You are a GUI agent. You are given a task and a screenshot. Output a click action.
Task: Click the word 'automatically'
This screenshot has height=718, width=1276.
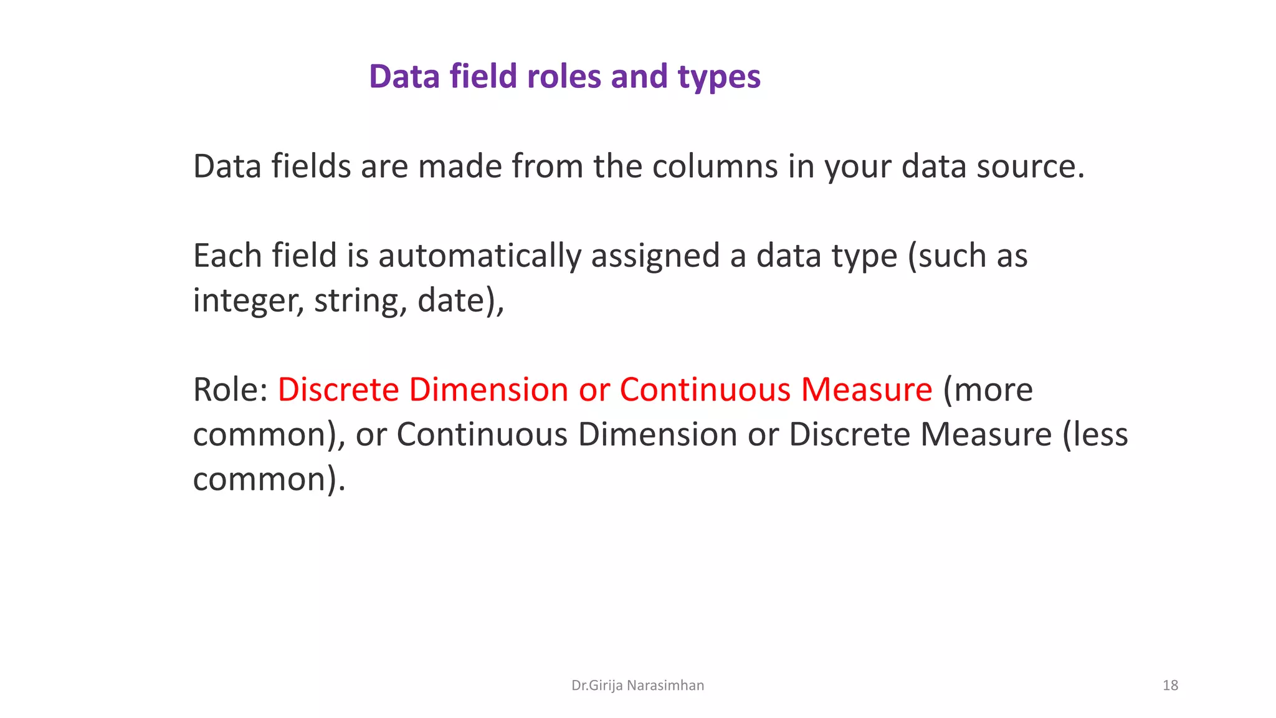tap(480, 256)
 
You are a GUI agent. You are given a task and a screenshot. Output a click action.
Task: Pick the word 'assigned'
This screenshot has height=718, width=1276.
tap(655, 256)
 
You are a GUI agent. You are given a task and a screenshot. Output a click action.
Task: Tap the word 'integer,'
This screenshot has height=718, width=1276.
tap(249, 301)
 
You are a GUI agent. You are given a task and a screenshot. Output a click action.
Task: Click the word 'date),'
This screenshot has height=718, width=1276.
tap(460, 301)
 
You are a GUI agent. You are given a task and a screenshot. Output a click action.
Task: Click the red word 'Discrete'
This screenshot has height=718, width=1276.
tap(338, 390)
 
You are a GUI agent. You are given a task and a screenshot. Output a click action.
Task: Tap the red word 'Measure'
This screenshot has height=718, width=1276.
tap(867, 390)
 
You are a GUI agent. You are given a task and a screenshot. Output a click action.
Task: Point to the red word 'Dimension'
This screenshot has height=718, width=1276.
tap(488, 390)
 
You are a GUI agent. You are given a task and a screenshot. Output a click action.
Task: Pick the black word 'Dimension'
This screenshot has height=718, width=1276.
tap(658, 434)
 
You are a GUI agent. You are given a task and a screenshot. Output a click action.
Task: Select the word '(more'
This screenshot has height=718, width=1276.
tap(988, 390)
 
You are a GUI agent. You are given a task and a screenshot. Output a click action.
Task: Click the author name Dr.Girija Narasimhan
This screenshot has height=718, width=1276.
tap(637, 686)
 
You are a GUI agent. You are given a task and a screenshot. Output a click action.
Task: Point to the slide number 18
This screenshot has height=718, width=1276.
tap(1170, 686)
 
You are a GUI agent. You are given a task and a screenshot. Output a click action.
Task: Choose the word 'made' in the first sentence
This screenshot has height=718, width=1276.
tap(460, 166)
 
